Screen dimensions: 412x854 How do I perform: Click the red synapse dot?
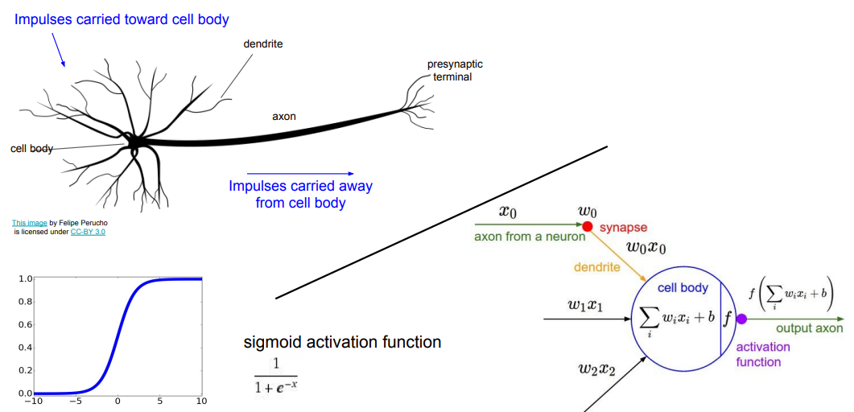pyautogui.click(x=588, y=227)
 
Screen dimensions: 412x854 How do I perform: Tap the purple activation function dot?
pyautogui.click(x=742, y=319)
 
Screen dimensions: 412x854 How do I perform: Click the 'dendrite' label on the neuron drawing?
pyautogui.click(x=262, y=43)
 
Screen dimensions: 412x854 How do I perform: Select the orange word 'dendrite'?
pyautogui.click(x=597, y=266)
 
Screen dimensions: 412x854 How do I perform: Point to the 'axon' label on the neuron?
pyautogui.click(x=283, y=117)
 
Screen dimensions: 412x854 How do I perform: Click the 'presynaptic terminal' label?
pyautogui.click(x=454, y=71)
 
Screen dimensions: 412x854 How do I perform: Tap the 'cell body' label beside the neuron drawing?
pyautogui.click(x=31, y=148)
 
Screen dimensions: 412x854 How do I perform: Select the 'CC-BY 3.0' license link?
pyautogui.click(x=88, y=231)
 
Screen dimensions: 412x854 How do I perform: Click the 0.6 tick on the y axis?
pyautogui.click(x=24, y=324)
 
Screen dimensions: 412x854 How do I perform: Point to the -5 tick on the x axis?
pyautogui.click(x=75, y=400)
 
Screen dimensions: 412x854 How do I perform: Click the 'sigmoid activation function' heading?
pyautogui.click(x=342, y=342)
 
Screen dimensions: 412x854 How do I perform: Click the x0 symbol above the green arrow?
pyautogui.click(x=508, y=212)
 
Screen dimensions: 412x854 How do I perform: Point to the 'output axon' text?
pyautogui.click(x=809, y=328)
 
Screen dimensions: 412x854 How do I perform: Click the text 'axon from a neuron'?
pyautogui.click(x=523, y=237)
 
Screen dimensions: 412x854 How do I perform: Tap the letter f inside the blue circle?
pyautogui.click(x=728, y=319)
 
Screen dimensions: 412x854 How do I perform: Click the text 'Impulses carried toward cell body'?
pyautogui.click(x=122, y=19)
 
